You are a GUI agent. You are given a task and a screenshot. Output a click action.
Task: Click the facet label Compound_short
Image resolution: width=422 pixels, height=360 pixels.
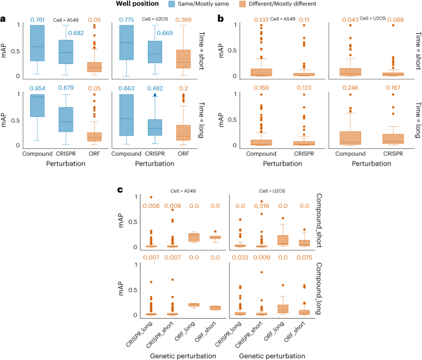coord(323,221)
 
